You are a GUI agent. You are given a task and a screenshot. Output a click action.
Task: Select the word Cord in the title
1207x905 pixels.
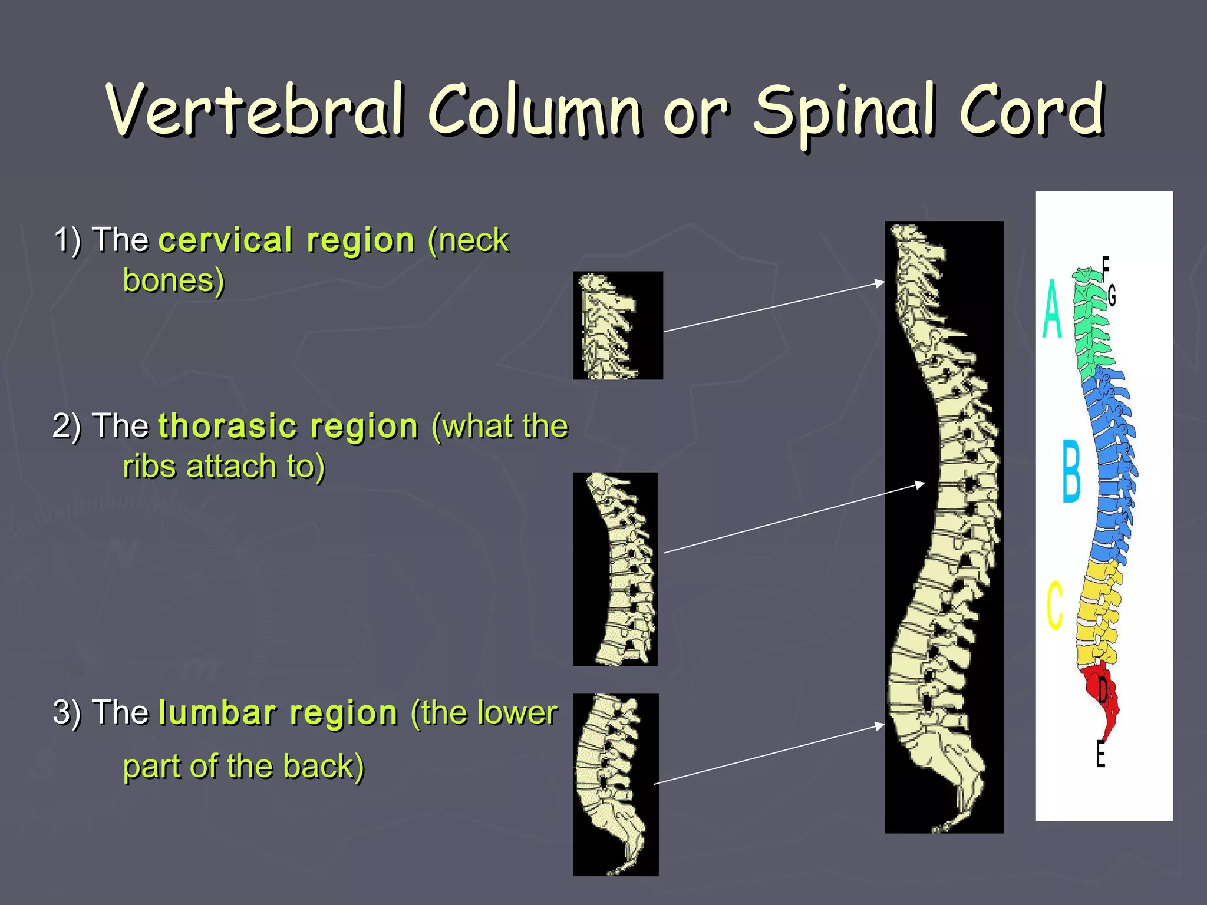click(1031, 109)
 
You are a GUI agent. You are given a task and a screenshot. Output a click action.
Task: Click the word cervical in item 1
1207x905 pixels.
click(227, 240)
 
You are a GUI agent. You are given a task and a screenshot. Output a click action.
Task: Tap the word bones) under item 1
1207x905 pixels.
click(174, 280)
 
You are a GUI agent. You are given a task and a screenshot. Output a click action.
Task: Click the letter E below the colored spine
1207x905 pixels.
click(1100, 754)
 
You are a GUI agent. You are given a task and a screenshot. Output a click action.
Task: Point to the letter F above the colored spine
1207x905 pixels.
click(1106, 267)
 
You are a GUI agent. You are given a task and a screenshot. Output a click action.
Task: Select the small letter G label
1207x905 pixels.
click(1112, 296)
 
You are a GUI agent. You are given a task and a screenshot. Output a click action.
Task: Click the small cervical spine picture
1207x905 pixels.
click(618, 325)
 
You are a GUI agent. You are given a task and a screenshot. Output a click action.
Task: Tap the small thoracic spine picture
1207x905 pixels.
click(615, 569)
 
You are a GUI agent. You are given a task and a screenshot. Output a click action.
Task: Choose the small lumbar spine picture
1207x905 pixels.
click(615, 784)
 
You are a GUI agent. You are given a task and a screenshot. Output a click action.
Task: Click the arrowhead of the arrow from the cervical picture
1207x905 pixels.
click(880, 283)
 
